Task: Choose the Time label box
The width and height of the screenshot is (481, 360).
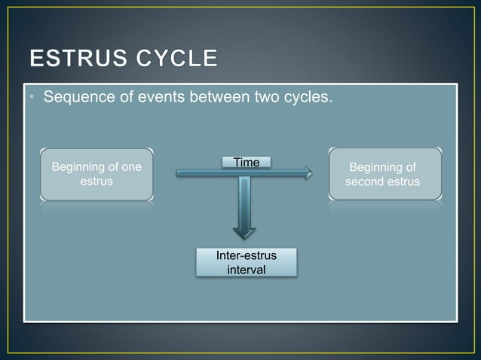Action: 247,162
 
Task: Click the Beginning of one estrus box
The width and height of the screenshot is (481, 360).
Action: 96,174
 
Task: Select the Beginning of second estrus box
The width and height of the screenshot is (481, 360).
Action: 384,174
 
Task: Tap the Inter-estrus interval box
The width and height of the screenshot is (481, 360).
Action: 246,263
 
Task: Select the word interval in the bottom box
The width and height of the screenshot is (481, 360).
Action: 246,270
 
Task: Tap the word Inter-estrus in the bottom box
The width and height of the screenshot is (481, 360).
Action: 246,256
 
